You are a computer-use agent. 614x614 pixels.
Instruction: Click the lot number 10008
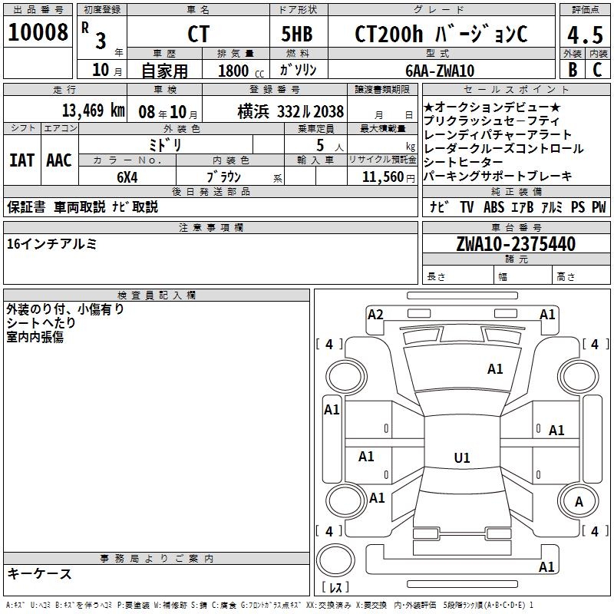tap(38, 32)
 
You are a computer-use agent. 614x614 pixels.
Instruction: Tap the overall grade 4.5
tap(585, 35)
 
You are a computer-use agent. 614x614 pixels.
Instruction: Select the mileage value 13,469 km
tap(94, 111)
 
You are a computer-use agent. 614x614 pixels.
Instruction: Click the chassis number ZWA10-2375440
tap(516, 244)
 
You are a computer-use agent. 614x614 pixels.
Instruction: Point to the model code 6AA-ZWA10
tap(440, 71)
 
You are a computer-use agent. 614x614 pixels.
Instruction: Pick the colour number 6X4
tap(127, 177)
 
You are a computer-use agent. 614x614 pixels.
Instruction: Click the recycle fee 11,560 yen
tap(388, 177)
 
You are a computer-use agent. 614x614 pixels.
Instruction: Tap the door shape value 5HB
tap(297, 34)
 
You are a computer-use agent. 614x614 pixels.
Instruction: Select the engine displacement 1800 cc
tap(241, 71)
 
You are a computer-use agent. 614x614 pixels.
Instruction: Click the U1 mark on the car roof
tap(462, 457)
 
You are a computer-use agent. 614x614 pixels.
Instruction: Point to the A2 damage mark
tap(375, 315)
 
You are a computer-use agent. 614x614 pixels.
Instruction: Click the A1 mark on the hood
tap(495, 369)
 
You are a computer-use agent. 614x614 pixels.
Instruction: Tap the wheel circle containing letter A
tap(579, 502)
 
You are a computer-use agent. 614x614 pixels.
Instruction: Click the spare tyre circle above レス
tap(335, 560)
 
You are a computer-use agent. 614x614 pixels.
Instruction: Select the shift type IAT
tap(21, 160)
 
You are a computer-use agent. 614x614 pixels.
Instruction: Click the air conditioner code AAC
tap(59, 160)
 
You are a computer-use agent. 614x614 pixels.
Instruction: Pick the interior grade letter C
tap(597, 70)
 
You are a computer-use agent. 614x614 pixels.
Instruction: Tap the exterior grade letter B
tap(573, 70)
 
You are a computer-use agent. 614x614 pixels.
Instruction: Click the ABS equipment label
tap(494, 207)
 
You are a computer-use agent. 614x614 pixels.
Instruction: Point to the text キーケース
tap(40, 573)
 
